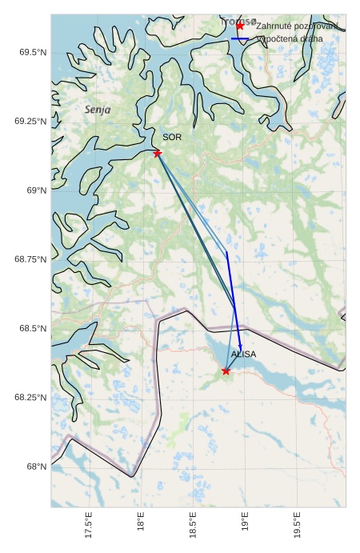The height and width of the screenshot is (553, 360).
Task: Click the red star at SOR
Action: click(x=158, y=153)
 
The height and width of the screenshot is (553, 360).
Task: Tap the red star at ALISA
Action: click(x=226, y=371)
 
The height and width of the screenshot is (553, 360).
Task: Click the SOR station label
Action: click(x=172, y=137)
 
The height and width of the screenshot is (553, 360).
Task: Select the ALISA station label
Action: click(x=243, y=354)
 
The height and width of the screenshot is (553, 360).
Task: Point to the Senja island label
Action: click(x=98, y=109)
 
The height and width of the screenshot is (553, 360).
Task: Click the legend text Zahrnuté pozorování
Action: click(x=297, y=26)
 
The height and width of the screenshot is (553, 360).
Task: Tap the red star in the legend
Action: click(x=240, y=26)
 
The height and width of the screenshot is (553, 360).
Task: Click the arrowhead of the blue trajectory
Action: click(x=240, y=346)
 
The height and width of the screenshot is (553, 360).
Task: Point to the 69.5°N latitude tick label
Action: click(x=32, y=52)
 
